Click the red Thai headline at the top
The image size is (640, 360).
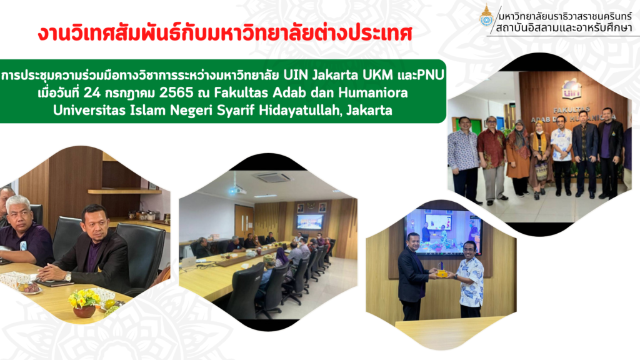225,33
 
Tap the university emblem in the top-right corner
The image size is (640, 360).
486,16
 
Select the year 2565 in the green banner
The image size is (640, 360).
176,92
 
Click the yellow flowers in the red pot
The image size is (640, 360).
84,299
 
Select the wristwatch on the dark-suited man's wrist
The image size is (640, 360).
67,277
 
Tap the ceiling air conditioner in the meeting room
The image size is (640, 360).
272,177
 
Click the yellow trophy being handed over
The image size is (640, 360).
441,270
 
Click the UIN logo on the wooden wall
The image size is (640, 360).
571,89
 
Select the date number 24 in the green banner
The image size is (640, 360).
92,92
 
